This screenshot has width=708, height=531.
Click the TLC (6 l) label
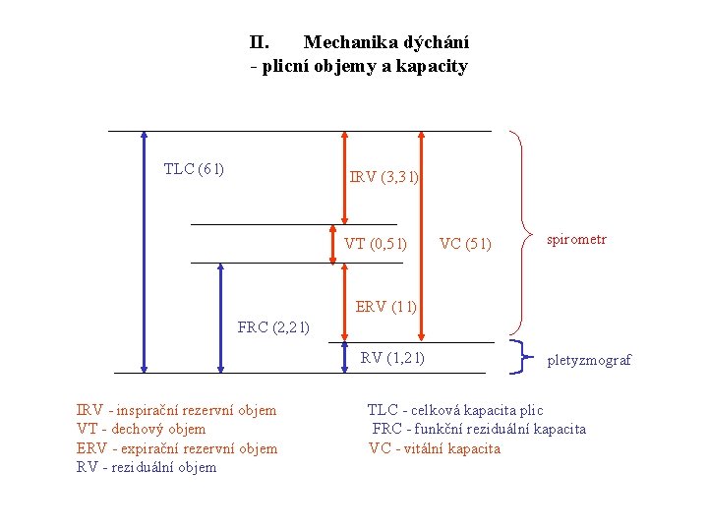tap(194, 169)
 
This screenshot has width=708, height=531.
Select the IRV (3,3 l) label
tap(384, 178)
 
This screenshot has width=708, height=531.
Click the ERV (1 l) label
tap(386, 307)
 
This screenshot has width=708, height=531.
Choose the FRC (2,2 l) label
tap(274, 327)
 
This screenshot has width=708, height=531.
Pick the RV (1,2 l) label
tap(392, 358)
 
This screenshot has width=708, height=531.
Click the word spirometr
tap(577, 239)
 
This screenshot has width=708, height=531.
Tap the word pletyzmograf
tap(589, 360)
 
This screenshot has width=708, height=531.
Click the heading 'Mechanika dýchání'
tap(386, 42)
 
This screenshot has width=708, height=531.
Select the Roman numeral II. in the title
tap(260, 42)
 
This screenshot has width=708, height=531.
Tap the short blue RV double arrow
tap(345, 356)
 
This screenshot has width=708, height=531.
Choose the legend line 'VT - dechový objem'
tap(141, 429)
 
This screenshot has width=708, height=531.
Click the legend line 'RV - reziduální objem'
tap(147, 467)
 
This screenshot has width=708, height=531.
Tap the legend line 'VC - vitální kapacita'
tap(435, 448)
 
